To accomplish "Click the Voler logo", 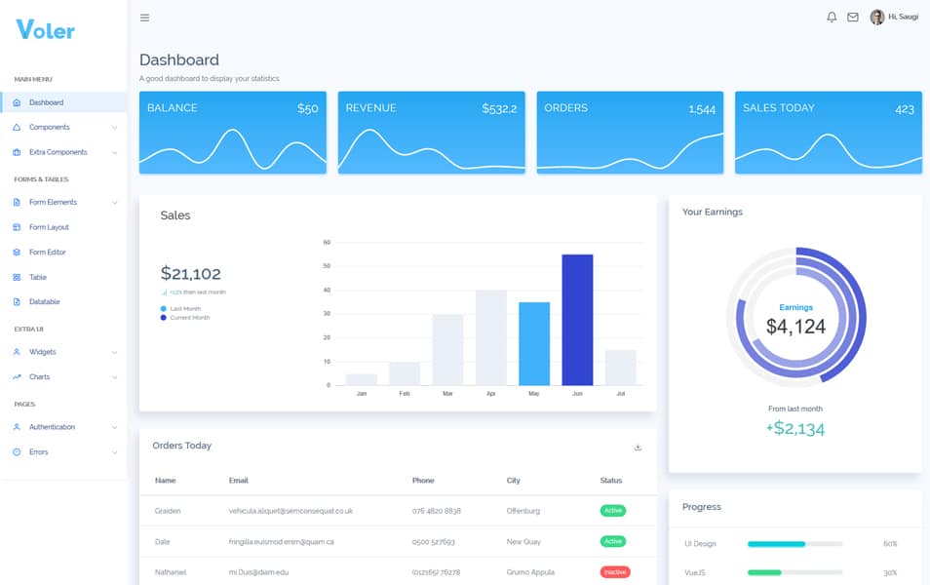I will pos(46,29).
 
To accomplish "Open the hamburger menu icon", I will pos(145,18).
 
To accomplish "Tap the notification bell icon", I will pos(832,18).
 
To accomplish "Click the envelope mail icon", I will pos(853,18).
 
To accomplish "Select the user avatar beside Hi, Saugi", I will pos(877,18).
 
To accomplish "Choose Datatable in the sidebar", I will pos(44,302).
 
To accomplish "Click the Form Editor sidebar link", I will pos(47,253).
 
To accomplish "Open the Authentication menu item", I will pos(51,427).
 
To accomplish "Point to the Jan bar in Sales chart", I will pos(362,379).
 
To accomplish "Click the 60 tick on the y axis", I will pos(327,242).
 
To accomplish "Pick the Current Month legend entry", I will pos(189,318).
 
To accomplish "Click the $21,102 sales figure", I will pos(191,274).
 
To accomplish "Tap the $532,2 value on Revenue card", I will pos(499,109).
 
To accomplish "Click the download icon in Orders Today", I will pos(639,448).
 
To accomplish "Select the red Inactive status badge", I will pos(614,572).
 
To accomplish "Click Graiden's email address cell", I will pos(291,511).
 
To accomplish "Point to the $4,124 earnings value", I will pos(796,327).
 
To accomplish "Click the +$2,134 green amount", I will pos(795,429).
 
